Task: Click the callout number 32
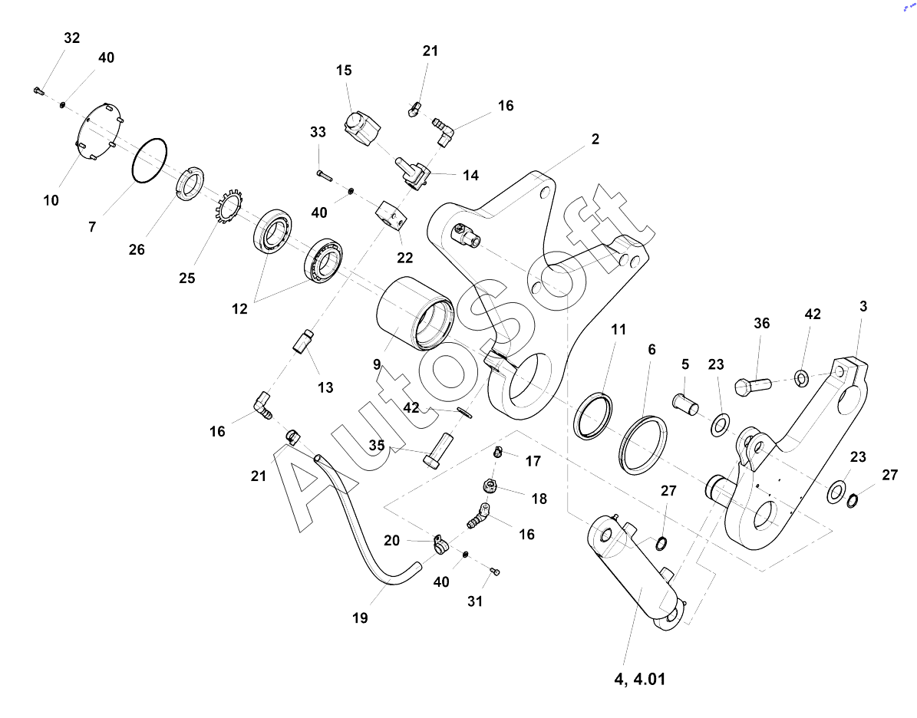pyautogui.click(x=72, y=38)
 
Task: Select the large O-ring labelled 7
pyautogui.click(x=149, y=160)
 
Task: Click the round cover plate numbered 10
pyautogui.click(x=100, y=131)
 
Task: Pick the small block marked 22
pyautogui.click(x=391, y=215)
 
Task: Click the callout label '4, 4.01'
pyautogui.click(x=640, y=679)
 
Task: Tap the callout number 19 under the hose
pyautogui.click(x=360, y=618)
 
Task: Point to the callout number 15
pyautogui.click(x=344, y=71)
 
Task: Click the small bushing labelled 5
pyautogui.click(x=685, y=404)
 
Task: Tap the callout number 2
pyautogui.click(x=595, y=139)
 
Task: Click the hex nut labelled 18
pyautogui.click(x=490, y=485)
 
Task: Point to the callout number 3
pyautogui.click(x=863, y=306)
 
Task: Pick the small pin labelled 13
pyautogui.click(x=304, y=341)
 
